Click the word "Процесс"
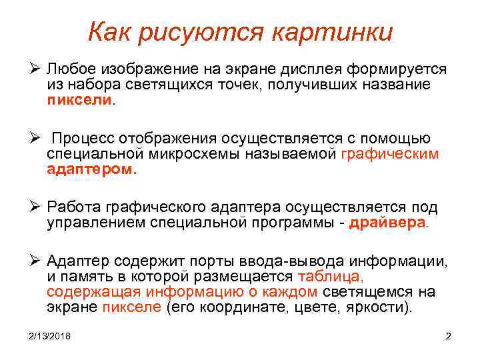tap(85, 138)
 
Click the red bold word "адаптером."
tap(91, 170)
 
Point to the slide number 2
tap(448, 336)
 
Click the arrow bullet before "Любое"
tap(38, 69)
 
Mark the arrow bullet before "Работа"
tap(38, 207)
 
